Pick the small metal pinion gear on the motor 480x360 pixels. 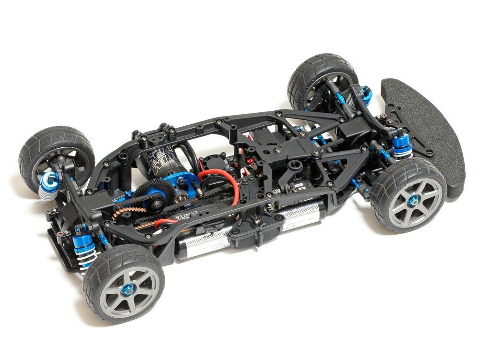180,192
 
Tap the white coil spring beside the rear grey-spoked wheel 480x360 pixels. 86,259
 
